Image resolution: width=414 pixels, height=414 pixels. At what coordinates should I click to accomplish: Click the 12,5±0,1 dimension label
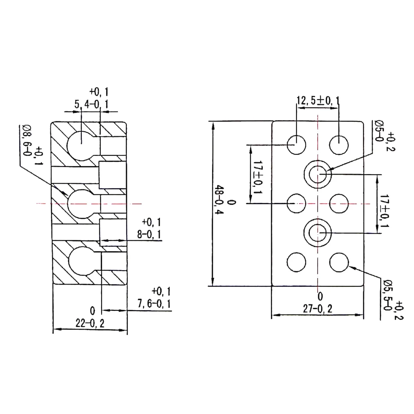(x=318, y=101)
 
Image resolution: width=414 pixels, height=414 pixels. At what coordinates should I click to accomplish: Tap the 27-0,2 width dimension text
(x=318, y=308)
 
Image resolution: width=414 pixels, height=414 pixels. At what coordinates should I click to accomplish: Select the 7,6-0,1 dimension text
(x=154, y=304)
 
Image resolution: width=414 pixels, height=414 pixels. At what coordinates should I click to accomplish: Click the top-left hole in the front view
(x=296, y=145)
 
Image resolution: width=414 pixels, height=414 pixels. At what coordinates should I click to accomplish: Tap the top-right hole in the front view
(x=339, y=145)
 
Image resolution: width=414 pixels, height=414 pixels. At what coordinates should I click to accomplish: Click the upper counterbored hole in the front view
(x=318, y=174)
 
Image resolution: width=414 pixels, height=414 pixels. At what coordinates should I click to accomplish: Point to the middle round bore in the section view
(x=80, y=204)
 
